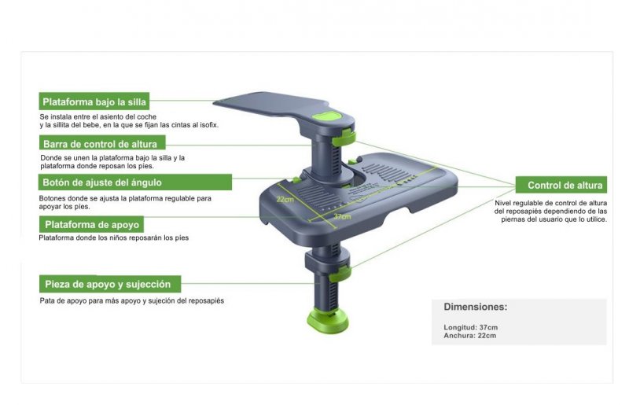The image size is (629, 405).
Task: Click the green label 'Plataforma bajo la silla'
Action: (x=94, y=101)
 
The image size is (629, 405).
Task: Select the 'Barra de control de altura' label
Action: (x=102, y=143)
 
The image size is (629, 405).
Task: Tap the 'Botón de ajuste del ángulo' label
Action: (x=135, y=182)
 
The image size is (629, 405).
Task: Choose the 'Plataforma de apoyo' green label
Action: (x=91, y=224)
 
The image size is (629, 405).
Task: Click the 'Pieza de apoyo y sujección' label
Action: (x=110, y=284)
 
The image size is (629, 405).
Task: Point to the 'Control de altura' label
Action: (x=561, y=185)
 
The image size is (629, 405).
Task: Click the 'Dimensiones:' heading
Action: (x=476, y=307)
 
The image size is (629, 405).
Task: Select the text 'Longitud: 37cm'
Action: (x=470, y=327)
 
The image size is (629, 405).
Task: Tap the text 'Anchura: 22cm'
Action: (x=469, y=336)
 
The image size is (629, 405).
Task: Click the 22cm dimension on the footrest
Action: (x=285, y=199)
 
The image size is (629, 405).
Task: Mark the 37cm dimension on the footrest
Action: (x=342, y=217)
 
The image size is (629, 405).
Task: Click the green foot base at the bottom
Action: (x=328, y=321)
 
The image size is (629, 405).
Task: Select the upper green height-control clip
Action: (x=344, y=138)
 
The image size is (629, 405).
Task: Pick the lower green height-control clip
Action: (x=340, y=273)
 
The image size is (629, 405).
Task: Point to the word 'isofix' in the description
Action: (x=209, y=125)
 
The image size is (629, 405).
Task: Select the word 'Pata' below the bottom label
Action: (x=46, y=300)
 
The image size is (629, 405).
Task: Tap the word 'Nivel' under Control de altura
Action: (x=502, y=203)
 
